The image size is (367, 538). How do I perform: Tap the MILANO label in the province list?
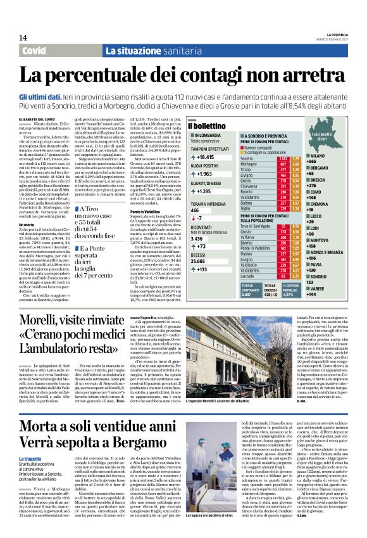(x=337, y=155)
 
